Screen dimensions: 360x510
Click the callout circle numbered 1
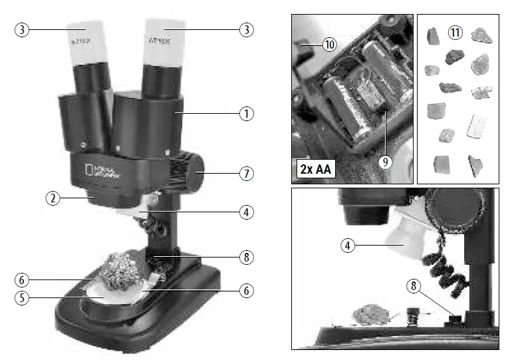pyautogui.click(x=247, y=114)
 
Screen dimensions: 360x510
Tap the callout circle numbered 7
pyautogui.click(x=247, y=174)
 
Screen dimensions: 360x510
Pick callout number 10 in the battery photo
pyautogui.click(x=330, y=45)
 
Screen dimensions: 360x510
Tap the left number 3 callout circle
pyautogui.click(x=22, y=31)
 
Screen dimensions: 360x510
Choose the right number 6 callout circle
pyautogui.click(x=247, y=291)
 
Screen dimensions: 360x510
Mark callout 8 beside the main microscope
pyautogui.click(x=247, y=256)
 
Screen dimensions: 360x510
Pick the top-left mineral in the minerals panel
pyautogui.click(x=432, y=35)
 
